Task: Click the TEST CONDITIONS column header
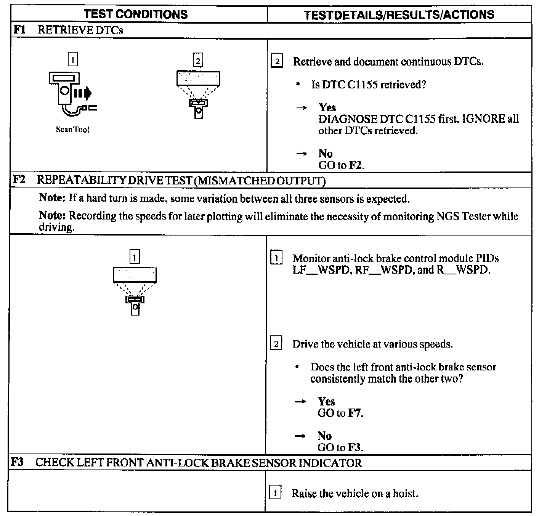[x=136, y=14]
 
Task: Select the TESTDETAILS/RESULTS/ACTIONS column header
[x=399, y=15]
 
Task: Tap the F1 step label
[x=19, y=30]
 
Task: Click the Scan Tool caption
[x=72, y=130]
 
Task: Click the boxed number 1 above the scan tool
[x=72, y=60]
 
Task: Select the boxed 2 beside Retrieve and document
[x=277, y=61]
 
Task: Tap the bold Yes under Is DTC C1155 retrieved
[x=327, y=107]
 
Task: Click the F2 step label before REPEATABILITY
[x=19, y=179]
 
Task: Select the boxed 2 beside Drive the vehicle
[x=276, y=344]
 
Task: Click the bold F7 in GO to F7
[x=354, y=413]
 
